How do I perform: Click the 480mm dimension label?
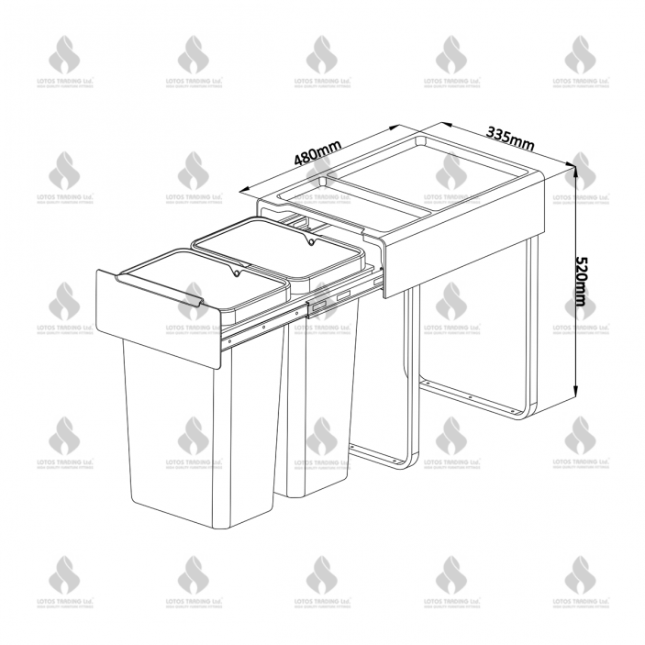coord(317,152)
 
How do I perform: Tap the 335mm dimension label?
coord(510,137)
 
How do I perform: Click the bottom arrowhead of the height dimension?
coord(576,393)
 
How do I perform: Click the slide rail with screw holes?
coord(294,317)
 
